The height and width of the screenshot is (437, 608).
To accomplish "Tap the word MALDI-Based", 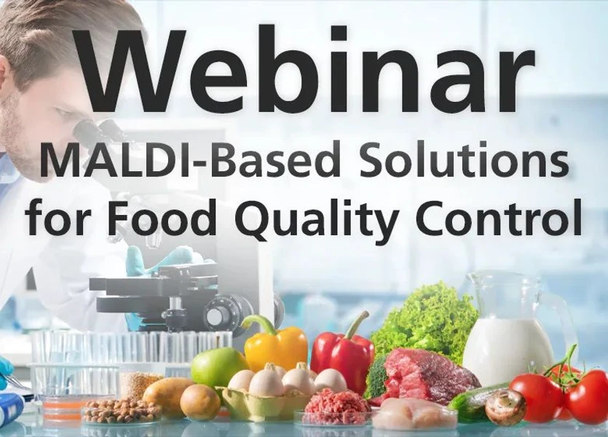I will click(x=170, y=162).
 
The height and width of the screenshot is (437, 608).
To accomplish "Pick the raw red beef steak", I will click(x=430, y=374).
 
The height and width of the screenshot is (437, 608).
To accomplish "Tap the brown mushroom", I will click(x=505, y=406).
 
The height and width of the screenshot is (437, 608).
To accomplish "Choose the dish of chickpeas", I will click(x=121, y=411).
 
